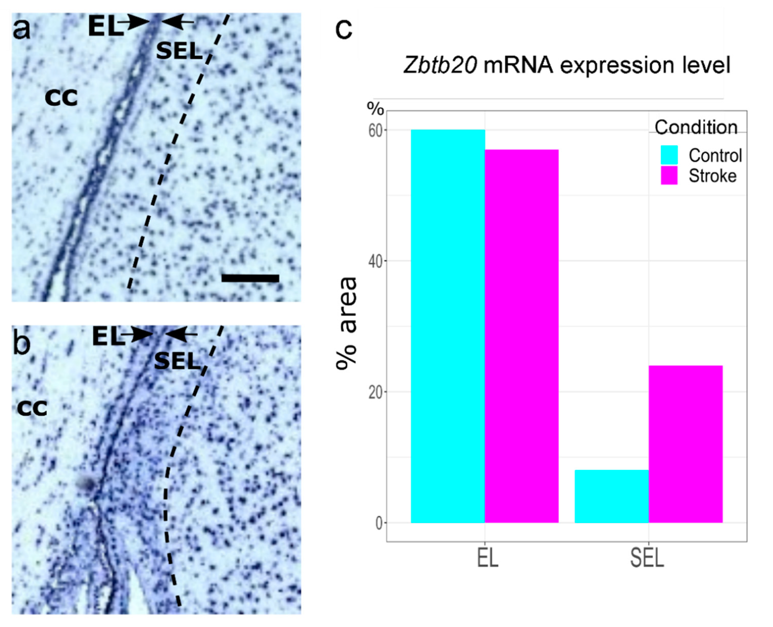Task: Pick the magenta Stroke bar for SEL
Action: pos(686,444)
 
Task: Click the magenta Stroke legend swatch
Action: pos(669,175)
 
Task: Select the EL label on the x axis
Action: pos(487,558)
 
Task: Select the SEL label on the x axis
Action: pos(647,558)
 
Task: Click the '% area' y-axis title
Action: pos(346,323)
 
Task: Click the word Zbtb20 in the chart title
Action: pos(440,65)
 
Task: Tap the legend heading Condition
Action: pos(696,127)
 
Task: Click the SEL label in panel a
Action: pos(179,51)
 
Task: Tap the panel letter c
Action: pos(343,29)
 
